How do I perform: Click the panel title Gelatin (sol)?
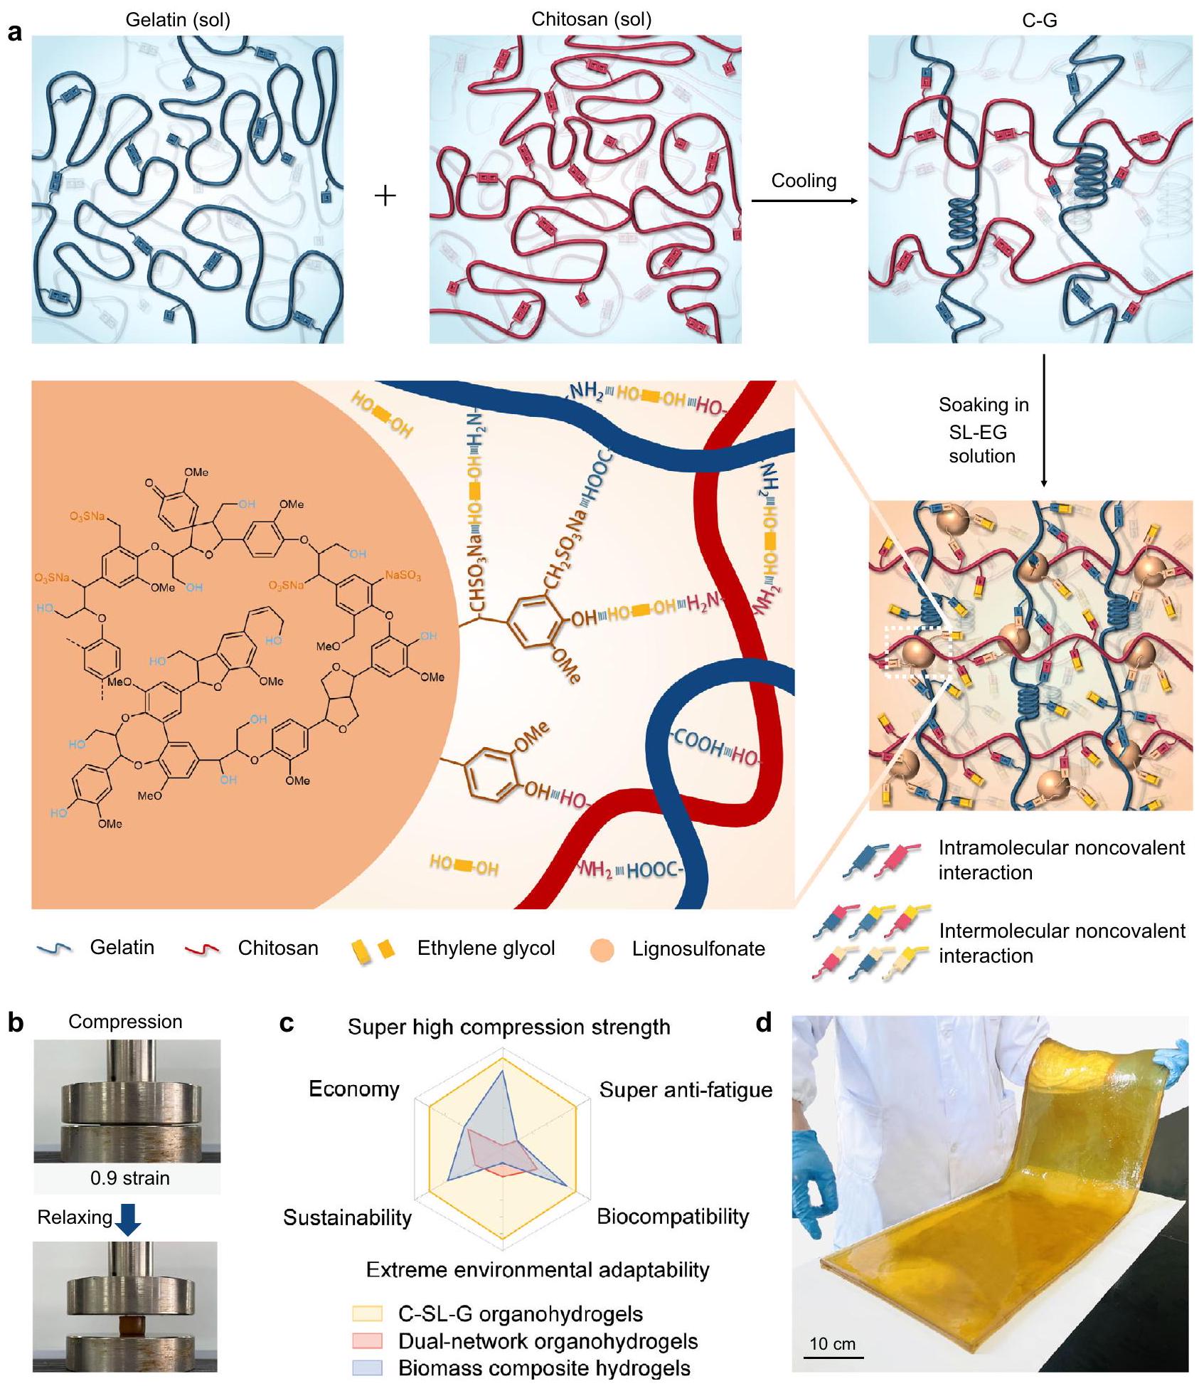[x=178, y=19]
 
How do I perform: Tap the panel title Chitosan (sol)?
[x=591, y=19]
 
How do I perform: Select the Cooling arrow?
[x=804, y=201]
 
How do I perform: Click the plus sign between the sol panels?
[x=385, y=196]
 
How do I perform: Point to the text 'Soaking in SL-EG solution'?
[x=983, y=430]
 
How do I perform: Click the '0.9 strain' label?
[x=129, y=1178]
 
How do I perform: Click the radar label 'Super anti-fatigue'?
[x=685, y=1089]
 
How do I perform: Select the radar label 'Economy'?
[x=353, y=1089]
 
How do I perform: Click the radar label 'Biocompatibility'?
[x=672, y=1216]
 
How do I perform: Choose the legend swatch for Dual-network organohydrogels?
[x=367, y=1340]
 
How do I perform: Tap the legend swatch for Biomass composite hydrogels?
[x=367, y=1368]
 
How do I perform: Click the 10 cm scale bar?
[x=833, y=1356]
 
